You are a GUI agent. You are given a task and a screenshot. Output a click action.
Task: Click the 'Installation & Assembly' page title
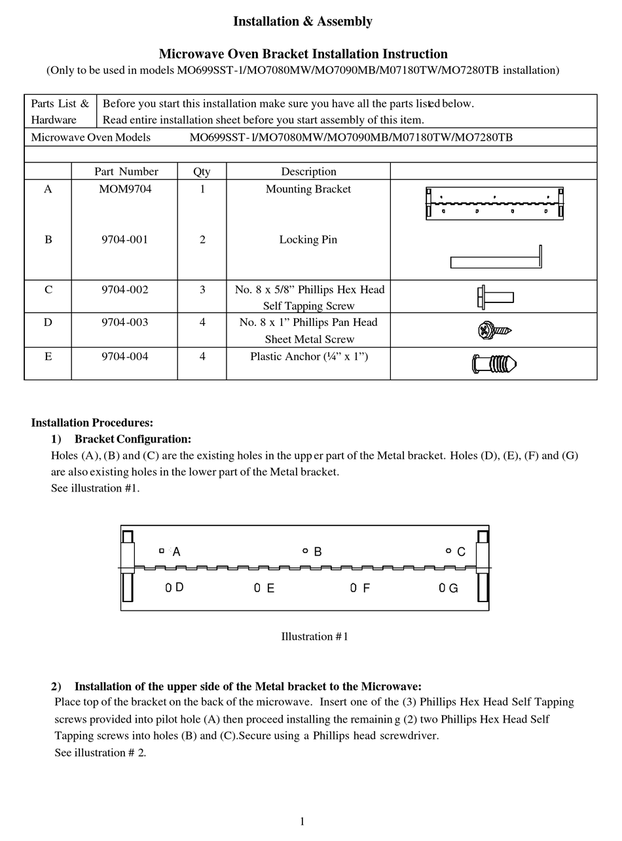302,22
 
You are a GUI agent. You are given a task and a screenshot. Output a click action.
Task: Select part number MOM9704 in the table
124,189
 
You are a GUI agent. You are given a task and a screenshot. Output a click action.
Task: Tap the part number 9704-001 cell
124,240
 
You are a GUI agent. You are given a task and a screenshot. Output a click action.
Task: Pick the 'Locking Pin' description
308,240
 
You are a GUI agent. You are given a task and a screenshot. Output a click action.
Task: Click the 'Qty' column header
202,171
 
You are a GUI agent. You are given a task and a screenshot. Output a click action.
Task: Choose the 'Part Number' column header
126,171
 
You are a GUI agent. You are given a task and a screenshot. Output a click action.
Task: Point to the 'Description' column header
308,171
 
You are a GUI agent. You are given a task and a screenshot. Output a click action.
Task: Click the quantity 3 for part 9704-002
202,289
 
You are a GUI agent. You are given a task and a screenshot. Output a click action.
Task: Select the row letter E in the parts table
48,357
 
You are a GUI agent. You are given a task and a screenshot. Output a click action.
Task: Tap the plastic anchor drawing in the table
494,363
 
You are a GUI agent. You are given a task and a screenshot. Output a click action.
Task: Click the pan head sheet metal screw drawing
494,331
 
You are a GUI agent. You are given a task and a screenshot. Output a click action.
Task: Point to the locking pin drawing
496,259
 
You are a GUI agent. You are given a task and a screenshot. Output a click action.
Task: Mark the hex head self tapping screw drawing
495,297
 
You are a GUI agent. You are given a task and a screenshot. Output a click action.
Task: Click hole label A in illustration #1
176,552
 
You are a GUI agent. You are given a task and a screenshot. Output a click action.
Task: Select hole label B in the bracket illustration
318,552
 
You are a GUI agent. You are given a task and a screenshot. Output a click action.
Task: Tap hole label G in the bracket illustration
452,588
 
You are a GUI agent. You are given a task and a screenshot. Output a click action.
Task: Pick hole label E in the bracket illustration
270,588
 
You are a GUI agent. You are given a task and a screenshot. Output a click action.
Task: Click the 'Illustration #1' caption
314,637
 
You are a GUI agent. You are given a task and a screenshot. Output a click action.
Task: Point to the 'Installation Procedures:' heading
92,423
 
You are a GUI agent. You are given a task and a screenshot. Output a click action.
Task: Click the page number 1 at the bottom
302,821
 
